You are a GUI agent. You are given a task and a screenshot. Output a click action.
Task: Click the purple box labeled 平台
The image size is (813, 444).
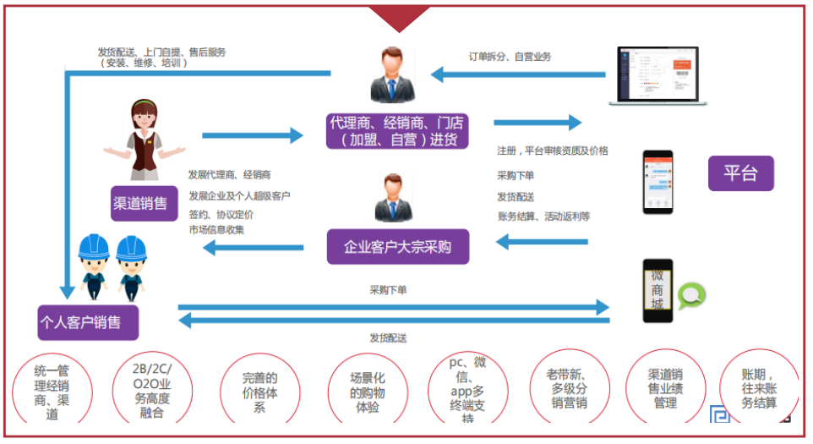click(x=740, y=174)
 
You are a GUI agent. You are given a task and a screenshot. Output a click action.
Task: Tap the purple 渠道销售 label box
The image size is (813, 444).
click(x=140, y=203)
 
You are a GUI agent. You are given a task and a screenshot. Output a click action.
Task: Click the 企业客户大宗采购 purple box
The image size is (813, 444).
click(x=398, y=247)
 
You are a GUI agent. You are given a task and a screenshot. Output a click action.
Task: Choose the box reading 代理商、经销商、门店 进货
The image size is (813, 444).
click(x=397, y=130)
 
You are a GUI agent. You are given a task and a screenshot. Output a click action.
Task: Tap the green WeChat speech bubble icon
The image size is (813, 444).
click(x=692, y=295)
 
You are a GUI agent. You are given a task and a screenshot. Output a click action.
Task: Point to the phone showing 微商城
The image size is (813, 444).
click(x=657, y=290)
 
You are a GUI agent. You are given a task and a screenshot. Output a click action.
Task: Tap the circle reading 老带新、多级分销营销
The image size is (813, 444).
click(x=568, y=390)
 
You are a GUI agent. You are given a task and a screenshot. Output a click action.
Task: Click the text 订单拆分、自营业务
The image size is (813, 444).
click(x=510, y=57)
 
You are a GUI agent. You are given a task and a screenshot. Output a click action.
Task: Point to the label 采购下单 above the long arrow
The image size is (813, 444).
click(x=388, y=290)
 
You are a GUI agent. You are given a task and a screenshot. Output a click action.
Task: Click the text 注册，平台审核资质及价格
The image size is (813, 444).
click(x=553, y=151)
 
